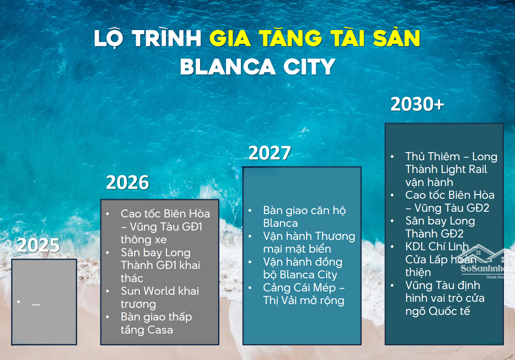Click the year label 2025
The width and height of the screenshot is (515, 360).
39,245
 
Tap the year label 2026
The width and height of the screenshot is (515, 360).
127,182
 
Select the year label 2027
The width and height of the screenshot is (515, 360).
269,153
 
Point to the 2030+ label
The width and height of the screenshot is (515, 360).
417,104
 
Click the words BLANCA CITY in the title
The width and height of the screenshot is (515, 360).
257,67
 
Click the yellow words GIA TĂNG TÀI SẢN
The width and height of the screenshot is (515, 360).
315,38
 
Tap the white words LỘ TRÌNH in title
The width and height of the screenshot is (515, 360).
147,39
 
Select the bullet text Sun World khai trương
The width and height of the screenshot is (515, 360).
160,297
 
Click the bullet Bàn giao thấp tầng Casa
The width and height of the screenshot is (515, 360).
156,323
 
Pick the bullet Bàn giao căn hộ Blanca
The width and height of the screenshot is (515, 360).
304,217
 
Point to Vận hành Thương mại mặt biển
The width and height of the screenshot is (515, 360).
309,242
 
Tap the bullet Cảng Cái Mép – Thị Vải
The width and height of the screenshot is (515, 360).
304,294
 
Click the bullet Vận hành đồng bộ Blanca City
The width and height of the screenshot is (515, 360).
302,268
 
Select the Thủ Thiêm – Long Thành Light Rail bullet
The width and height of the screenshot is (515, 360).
451,169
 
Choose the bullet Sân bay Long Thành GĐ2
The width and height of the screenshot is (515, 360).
440,227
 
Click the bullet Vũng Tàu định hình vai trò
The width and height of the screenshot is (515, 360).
445,298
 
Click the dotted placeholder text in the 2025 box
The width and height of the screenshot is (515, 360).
36,305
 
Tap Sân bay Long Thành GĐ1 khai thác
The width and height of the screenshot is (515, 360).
160,265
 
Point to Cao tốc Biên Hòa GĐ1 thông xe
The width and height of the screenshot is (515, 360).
165,226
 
